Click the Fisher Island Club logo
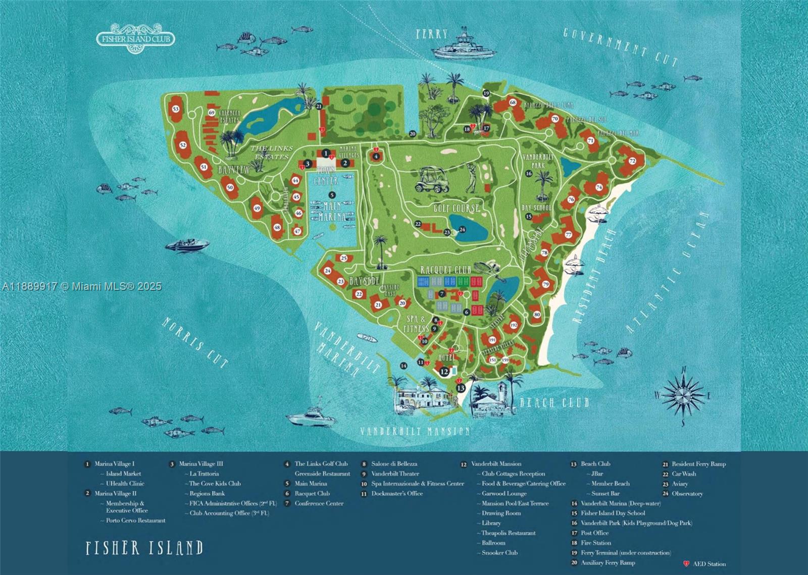click(135, 38)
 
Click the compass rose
click(684, 396)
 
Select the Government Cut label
click(620, 47)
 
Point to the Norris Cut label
click(194, 342)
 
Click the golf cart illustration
click(432, 179)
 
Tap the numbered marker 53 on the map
click(176, 109)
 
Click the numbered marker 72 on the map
click(632, 161)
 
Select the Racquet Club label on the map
click(445, 270)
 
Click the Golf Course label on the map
click(457, 208)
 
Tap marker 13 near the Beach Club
click(461, 388)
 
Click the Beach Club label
click(554, 402)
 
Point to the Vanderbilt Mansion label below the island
click(415, 431)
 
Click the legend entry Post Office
click(594, 533)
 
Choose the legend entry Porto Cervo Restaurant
click(135, 520)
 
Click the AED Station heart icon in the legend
click(686, 563)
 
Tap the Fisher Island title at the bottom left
click(144, 548)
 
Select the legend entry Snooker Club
click(499, 553)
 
